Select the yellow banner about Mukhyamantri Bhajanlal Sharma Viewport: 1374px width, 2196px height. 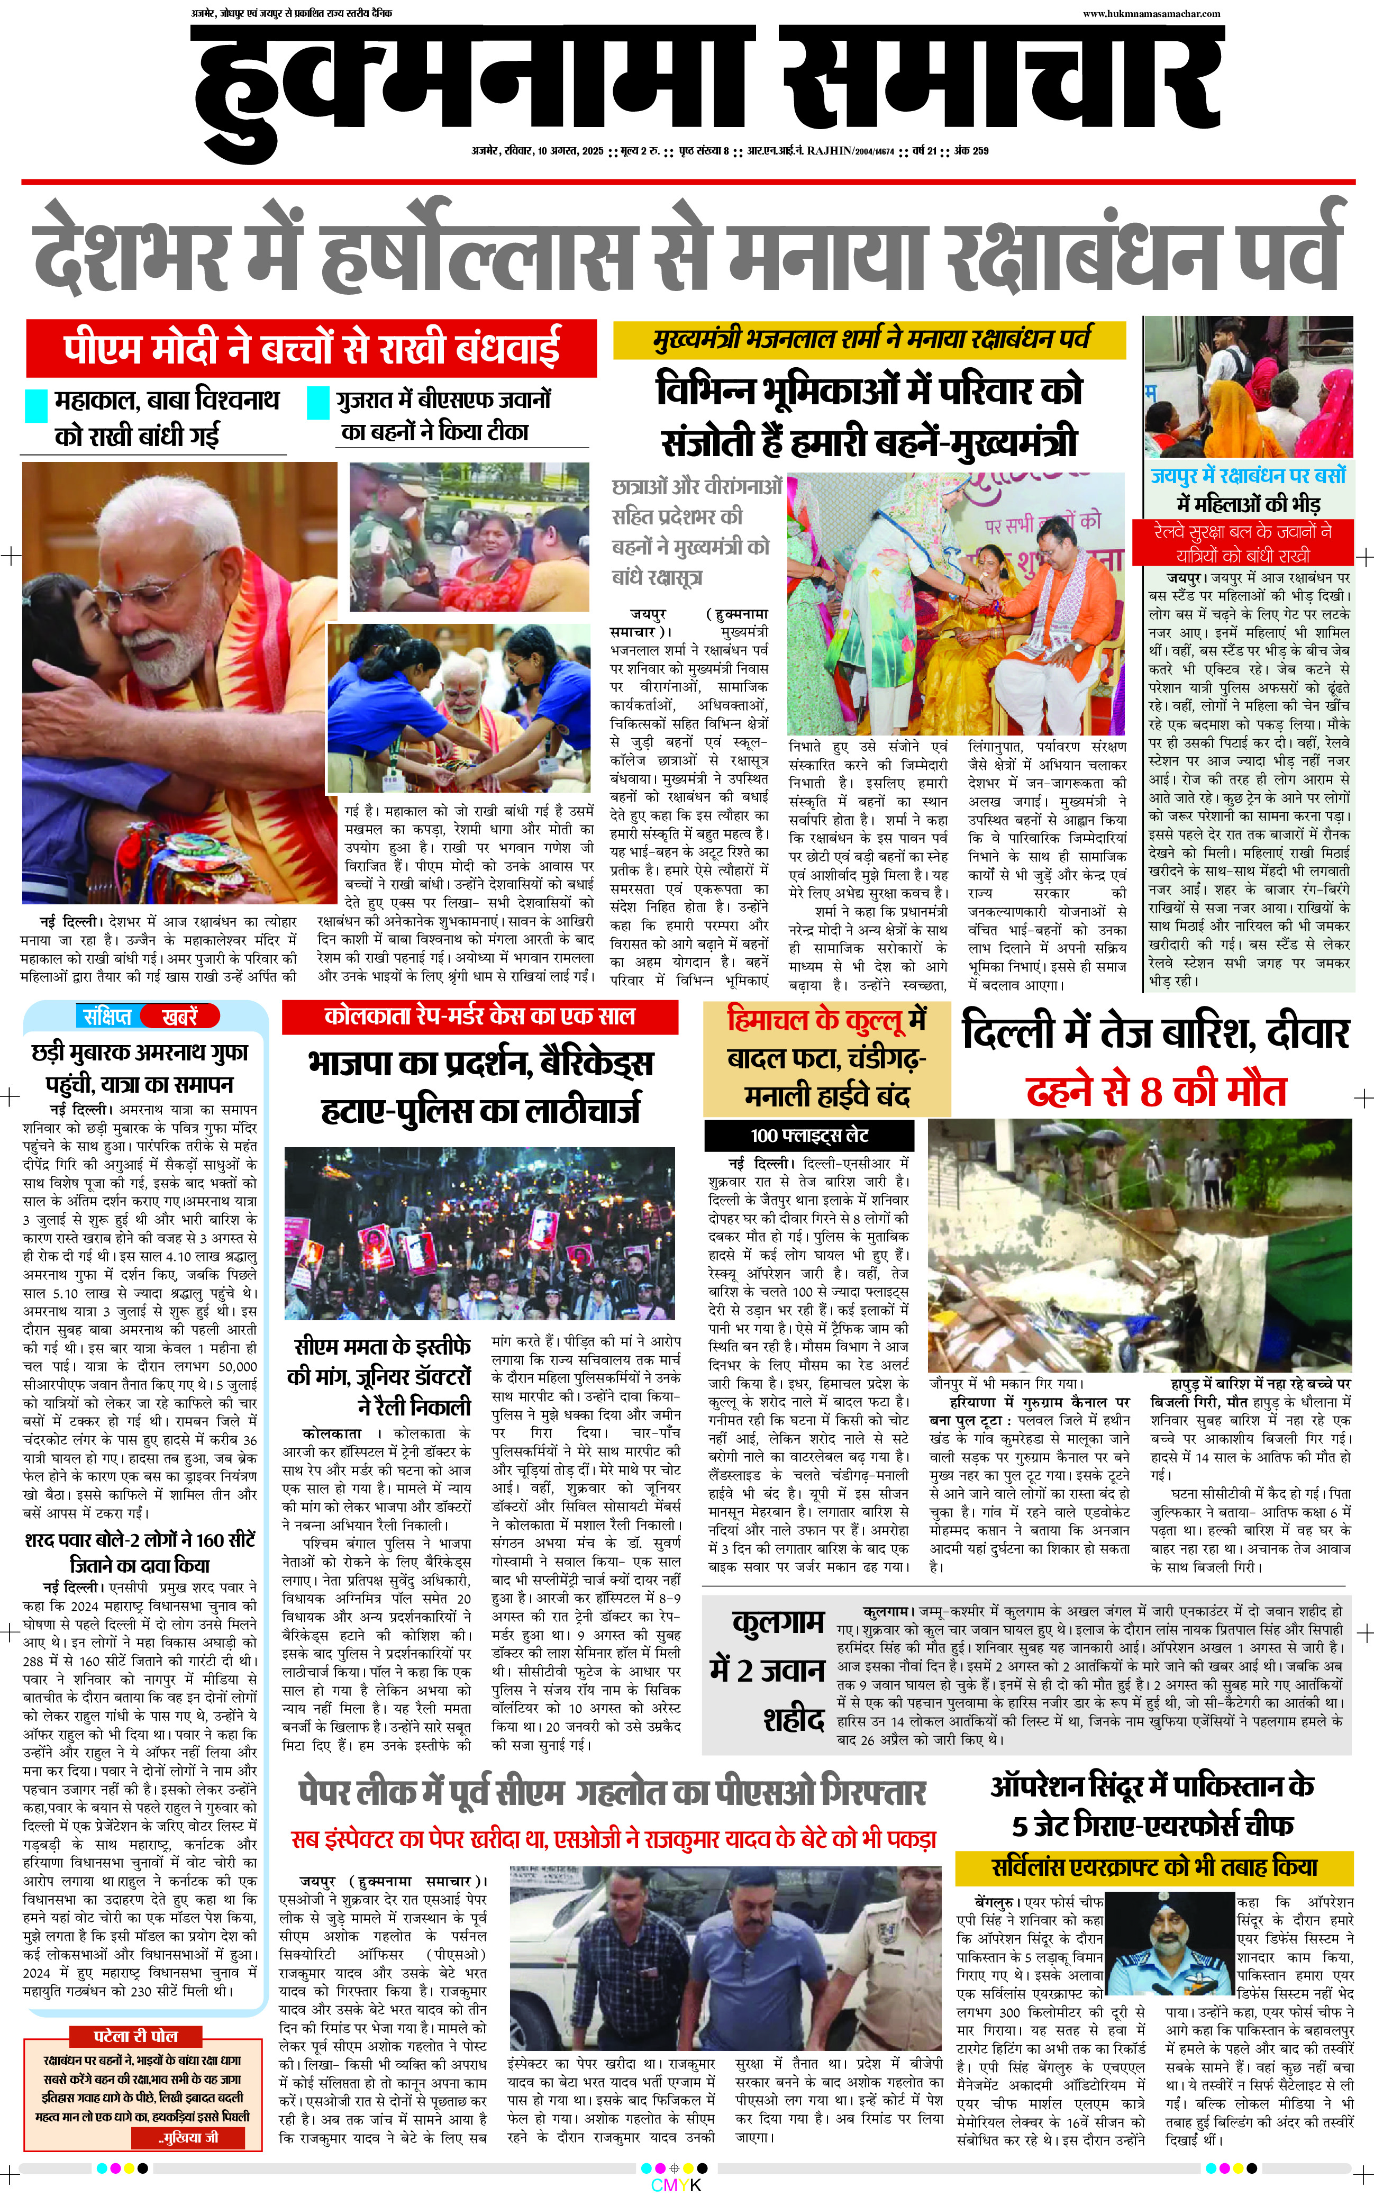point(870,340)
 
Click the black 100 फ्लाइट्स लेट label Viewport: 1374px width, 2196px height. point(809,1135)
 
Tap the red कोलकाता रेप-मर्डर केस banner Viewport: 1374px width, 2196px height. point(480,1016)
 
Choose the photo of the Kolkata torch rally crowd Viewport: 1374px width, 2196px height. point(480,1233)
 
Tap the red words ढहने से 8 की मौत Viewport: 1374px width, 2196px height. point(1156,1091)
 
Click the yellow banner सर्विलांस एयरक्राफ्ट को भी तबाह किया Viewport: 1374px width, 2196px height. point(1154,1866)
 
